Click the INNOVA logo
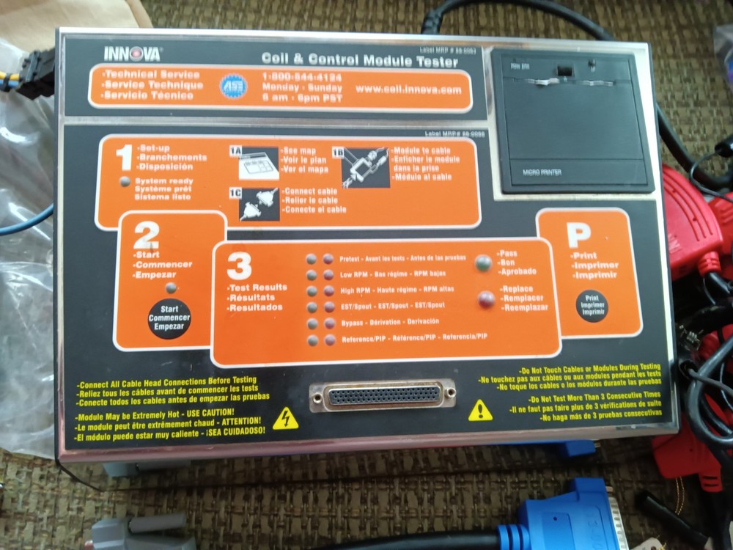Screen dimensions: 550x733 pos(132,54)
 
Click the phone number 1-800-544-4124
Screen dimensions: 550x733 pos(301,76)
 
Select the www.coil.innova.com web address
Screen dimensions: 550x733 pos(409,90)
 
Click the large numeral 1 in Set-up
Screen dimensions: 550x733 pos(124,161)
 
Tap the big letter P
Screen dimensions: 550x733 pos(579,235)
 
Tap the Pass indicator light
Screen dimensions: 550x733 pos(483,263)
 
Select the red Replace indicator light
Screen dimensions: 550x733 pos(485,298)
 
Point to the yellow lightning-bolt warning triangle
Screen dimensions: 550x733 pos(285,419)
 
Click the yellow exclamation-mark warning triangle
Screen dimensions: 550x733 pos(480,410)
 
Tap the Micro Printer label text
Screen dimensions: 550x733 pos(541,173)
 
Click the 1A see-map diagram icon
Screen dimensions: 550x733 pos(257,163)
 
